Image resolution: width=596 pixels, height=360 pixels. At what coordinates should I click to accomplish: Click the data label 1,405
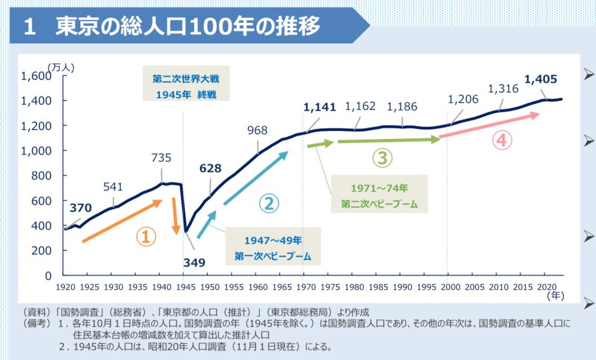point(541,80)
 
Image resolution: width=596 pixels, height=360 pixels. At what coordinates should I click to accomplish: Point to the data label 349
point(194,262)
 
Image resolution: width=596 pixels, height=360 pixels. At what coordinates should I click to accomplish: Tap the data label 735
point(161,157)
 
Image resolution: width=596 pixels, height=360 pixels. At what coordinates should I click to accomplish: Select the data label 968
point(257,130)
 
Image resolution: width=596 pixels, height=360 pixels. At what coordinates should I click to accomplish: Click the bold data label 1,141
point(320,107)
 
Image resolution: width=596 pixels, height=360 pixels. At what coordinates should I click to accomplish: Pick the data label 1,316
point(503,89)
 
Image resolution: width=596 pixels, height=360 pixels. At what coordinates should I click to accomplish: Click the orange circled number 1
point(146,238)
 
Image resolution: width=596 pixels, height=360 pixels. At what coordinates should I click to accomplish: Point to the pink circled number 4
point(502,140)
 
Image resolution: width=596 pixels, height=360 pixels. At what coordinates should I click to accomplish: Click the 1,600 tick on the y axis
point(36,76)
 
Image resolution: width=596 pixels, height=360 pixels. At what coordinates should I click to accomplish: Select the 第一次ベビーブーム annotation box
point(273,249)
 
